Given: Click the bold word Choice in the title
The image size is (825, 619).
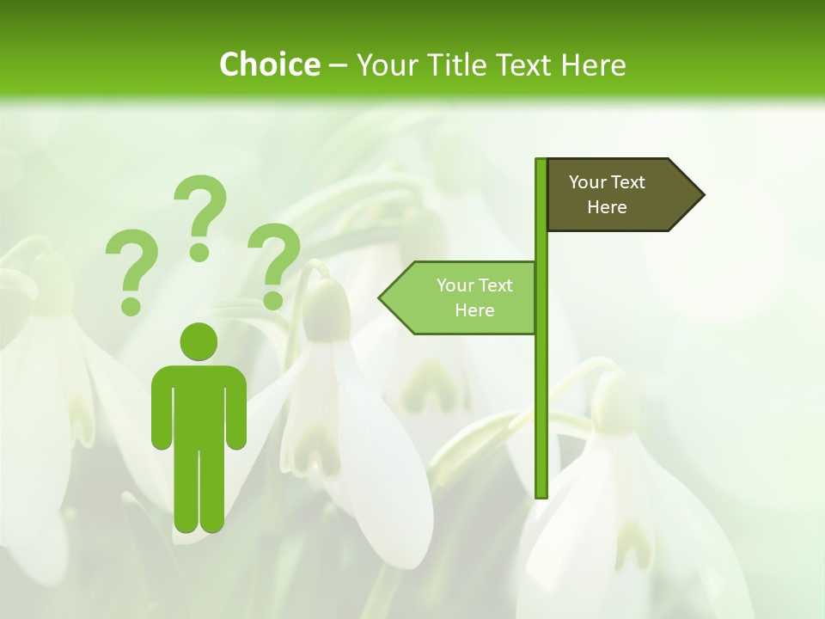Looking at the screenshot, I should coord(269,65).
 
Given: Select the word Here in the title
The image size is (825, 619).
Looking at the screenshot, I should coord(593,65).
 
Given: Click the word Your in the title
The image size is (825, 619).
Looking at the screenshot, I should coord(385,65).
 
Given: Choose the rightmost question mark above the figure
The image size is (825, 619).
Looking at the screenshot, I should coord(273,265).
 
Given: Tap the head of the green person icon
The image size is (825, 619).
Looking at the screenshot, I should coord(199,341).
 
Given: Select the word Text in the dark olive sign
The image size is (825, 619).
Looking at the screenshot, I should coord(628,181).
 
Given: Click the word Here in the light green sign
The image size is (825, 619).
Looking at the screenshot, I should coord(474,310).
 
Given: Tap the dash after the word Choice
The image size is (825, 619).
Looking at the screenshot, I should coord(338,65).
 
